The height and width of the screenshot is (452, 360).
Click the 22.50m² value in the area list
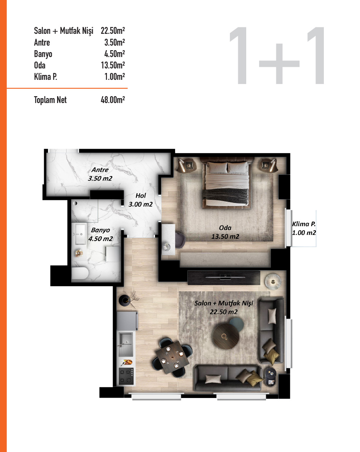113,31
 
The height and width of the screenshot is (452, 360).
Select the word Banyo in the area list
43,54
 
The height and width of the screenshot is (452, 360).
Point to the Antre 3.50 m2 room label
100,174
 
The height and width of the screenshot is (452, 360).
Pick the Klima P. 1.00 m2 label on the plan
304,228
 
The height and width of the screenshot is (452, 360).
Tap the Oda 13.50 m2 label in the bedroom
225,232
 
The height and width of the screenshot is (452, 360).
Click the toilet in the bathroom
80,273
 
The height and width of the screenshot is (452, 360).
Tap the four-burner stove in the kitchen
126,376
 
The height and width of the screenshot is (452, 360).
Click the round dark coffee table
227,336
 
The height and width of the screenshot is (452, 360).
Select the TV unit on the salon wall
224,276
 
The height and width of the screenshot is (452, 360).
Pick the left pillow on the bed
216,167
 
